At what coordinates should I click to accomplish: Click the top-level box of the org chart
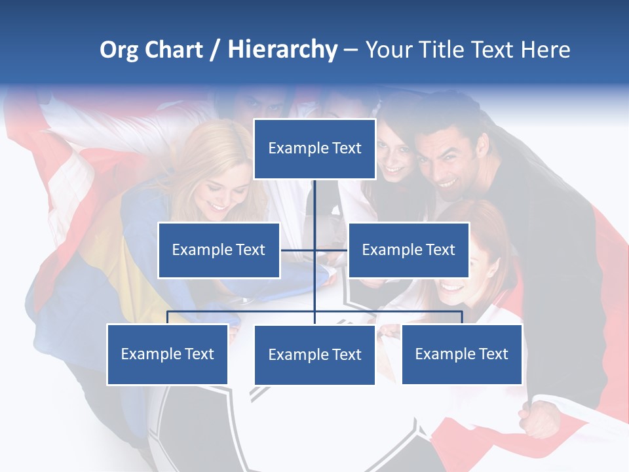coord(314,149)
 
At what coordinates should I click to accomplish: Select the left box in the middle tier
coord(219,250)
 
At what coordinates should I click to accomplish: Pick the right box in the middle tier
coord(408,250)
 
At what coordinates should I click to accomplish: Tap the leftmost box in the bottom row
coord(167,354)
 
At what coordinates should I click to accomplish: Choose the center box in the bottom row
coord(314,355)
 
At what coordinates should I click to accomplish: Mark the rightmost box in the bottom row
coord(461,354)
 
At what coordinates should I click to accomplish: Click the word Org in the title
coord(119,50)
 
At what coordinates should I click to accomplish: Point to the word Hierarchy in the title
coord(282,50)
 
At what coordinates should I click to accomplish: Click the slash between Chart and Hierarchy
coord(216,50)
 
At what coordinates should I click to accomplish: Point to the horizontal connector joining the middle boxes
coord(314,250)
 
